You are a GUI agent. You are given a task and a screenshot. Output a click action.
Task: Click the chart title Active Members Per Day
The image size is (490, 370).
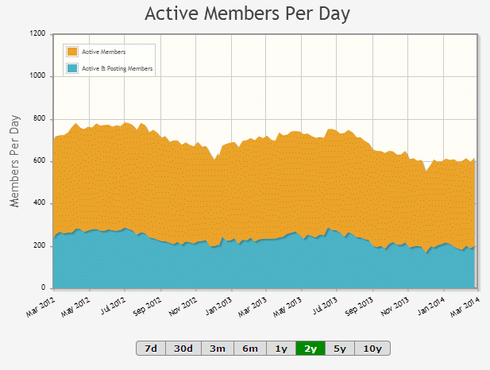click(247, 14)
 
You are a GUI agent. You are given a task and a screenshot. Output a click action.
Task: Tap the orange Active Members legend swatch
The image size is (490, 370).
click(72, 52)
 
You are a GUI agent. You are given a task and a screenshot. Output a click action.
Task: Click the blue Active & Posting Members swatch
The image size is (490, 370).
click(72, 68)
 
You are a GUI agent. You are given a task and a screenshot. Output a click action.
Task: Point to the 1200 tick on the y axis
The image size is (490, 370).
click(37, 33)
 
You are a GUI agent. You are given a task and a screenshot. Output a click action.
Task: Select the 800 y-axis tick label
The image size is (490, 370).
click(40, 118)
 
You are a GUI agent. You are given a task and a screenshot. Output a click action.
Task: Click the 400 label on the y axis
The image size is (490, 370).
click(40, 202)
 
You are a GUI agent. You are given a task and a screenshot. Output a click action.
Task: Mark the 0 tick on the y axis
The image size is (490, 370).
click(43, 287)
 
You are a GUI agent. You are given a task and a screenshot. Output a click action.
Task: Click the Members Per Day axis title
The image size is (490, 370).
click(14, 161)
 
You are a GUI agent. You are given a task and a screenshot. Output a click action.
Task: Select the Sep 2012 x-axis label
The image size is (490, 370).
click(147, 306)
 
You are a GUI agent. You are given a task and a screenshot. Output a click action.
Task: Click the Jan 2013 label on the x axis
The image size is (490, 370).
click(218, 306)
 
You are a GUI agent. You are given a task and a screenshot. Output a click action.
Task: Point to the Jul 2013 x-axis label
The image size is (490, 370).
click(325, 306)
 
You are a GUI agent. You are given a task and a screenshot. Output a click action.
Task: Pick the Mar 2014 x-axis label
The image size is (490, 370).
click(465, 306)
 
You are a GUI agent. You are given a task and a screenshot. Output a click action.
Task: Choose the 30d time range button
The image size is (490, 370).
click(183, 348)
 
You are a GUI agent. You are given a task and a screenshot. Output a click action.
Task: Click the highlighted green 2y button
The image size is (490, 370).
click(311, 348)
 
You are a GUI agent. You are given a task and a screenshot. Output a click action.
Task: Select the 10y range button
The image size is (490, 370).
click(372, 348)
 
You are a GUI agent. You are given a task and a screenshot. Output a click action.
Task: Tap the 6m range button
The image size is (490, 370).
click(250, 348)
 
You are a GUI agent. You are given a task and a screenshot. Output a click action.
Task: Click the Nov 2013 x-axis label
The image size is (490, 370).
click(395, 306)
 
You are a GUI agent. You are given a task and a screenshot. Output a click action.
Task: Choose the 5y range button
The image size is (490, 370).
click(340, 348)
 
